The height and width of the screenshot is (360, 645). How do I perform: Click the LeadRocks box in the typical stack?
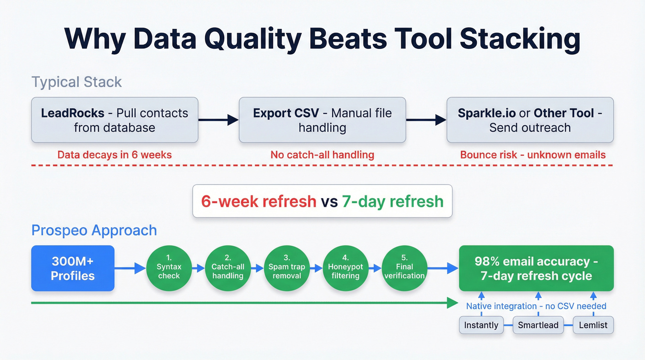114,120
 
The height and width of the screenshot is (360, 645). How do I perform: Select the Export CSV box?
322,120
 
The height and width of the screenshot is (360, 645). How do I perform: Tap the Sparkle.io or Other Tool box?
530,120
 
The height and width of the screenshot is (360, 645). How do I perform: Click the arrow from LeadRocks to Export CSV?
218,120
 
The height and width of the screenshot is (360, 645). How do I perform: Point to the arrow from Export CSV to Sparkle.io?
426,120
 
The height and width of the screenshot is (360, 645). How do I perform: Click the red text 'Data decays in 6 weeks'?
114,155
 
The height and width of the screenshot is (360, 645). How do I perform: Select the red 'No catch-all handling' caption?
322,155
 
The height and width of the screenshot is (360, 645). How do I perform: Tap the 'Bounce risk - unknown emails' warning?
533,155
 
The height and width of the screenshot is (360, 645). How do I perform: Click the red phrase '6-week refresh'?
258,201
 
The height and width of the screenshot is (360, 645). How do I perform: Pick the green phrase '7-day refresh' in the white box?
393,201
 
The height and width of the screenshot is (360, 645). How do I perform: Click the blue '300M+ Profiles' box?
73,268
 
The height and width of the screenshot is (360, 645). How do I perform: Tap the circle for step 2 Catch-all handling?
228,268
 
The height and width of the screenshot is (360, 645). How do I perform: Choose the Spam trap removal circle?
287,268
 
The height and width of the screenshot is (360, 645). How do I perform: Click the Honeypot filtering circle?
346,268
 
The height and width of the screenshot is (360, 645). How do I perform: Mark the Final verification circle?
405,268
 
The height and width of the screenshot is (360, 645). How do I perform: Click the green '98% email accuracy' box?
536,268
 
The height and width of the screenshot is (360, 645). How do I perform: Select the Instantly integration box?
481,325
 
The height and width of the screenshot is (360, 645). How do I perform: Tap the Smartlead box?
538,325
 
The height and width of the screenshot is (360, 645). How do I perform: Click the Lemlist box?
593,325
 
